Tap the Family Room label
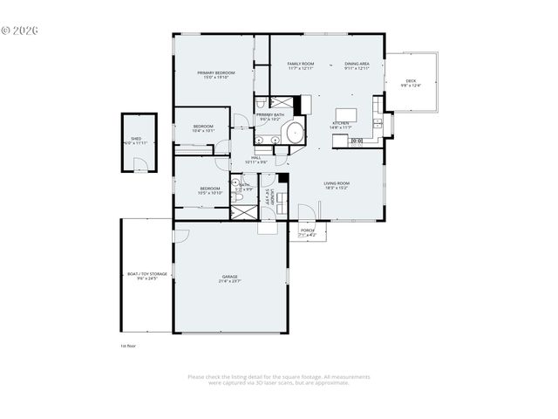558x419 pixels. point(301,66)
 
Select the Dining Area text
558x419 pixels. point(357,66)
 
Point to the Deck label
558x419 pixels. point(411,84)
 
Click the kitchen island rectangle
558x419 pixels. point(345,115)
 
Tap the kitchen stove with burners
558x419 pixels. point(357,141)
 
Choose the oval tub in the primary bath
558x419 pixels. point(295,134)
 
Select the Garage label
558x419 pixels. point(229,278)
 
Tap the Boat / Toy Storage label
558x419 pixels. point(146,276)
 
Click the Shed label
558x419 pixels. point(136,141)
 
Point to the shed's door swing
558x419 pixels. point(139,165)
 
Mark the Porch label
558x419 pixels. point(308,232)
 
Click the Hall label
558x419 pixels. point(256,160)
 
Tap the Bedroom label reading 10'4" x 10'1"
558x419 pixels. point(203,129)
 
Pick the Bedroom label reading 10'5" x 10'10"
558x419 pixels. point(210,191)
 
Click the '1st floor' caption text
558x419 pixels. point(128,346)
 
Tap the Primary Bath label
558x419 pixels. point(269,117)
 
